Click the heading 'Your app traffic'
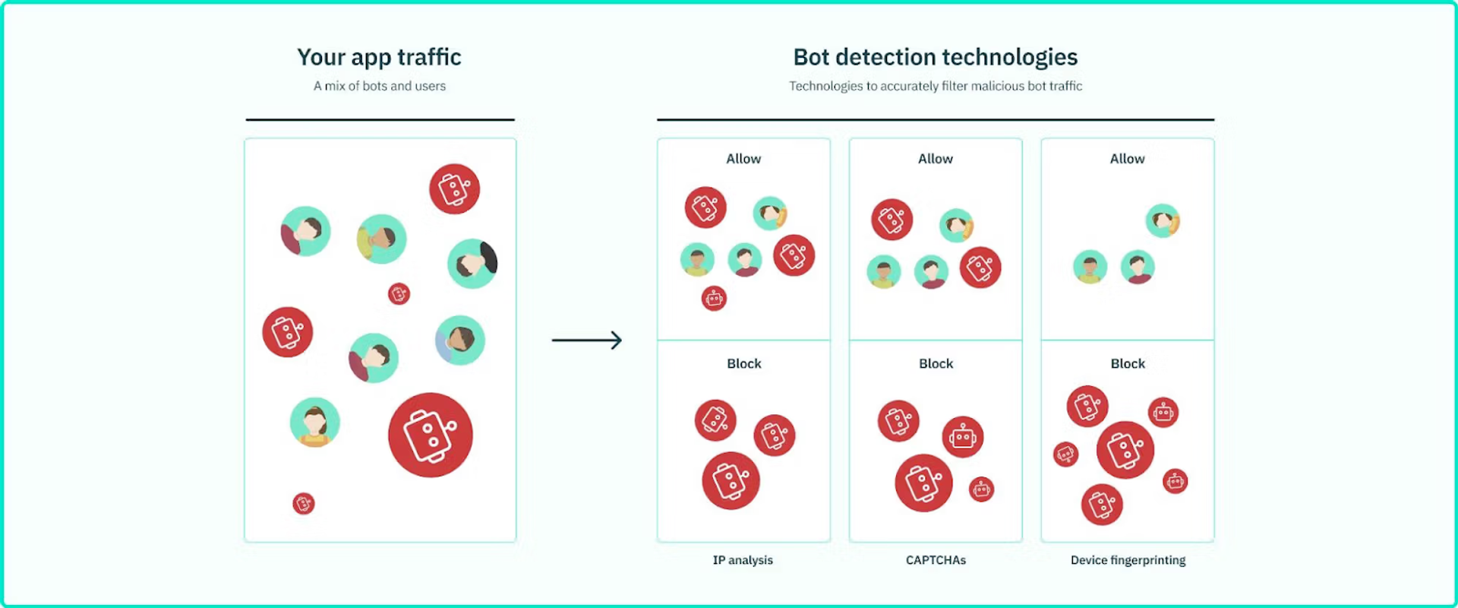click(x=379, y=57)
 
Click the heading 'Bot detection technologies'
click(x=935, y=57)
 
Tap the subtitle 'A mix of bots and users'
click(x=379, y=87)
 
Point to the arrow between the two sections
click(x=586, y=340)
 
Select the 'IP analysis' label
click(x=743, y=560)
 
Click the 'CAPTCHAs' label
click(x=936, y=560)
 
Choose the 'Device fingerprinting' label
click(x=1128, y=560)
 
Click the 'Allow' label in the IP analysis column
click(x=743, y=159)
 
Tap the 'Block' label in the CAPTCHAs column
click(x=936, y=364)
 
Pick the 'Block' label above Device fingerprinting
click(x=1128, y=364)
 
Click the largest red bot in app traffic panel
click(x=430, y=435)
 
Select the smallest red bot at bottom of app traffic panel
click(x=304, y=503)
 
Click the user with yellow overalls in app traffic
click(x=314, y=422)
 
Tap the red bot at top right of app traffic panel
click(x=454, y=188)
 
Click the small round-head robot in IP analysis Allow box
click(x=714, y=298)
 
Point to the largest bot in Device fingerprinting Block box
click(x=1125, y=450)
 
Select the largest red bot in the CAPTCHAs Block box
click(x=923, y=483)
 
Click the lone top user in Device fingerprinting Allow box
click(x=1163, y=221)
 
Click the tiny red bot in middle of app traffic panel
click(x=399, y=293)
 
